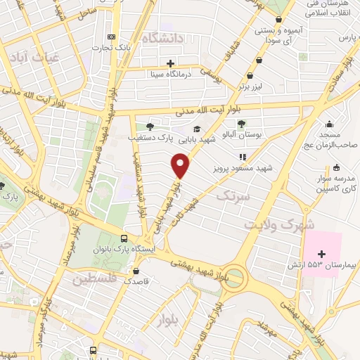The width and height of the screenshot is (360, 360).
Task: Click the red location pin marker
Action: click(181, 166)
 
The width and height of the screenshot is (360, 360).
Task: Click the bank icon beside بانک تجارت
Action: click(110, 37)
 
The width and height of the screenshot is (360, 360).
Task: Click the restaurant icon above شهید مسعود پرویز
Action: click(242, 158)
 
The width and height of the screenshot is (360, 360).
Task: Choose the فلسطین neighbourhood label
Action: click(96, 278)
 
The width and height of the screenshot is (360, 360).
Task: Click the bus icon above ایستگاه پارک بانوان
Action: click(124, 238)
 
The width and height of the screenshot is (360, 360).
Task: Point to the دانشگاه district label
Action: click(162, 37)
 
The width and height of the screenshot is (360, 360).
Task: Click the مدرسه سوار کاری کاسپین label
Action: click(337, 184)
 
